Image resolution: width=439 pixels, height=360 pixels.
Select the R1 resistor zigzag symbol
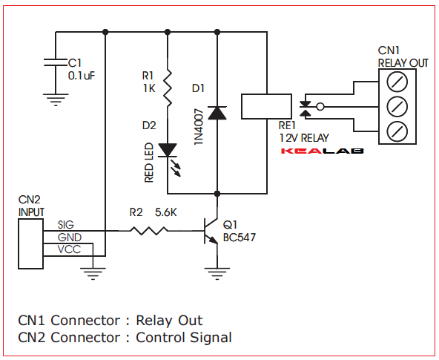[169, 88]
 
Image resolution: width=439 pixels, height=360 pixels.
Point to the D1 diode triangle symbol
[217, 112]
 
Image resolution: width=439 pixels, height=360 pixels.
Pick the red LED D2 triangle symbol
[169, 149]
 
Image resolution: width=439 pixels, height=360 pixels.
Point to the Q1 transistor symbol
[211, 230]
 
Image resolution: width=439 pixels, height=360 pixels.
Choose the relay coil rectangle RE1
[265, 108]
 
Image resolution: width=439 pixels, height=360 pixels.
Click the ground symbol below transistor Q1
[217, 273]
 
